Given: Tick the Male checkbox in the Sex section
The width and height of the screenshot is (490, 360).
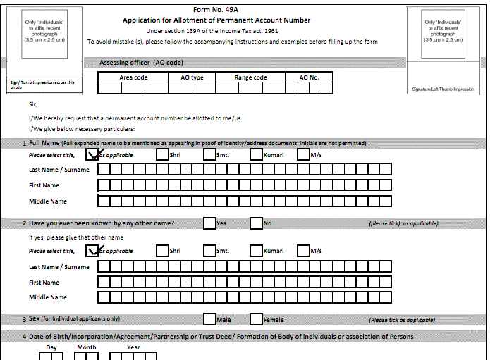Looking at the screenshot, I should point(209,320).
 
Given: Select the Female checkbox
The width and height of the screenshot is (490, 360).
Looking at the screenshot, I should point(256,320).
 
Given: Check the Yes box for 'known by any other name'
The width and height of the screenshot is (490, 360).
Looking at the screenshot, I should point(209,223).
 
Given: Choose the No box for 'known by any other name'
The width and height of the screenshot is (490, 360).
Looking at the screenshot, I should point(256,223).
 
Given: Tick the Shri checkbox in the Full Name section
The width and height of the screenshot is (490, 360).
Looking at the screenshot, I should point(163,155).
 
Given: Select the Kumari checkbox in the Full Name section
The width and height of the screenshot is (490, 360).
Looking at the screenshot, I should point(256,155).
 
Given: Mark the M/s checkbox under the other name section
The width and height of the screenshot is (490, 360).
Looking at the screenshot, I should point(304,251).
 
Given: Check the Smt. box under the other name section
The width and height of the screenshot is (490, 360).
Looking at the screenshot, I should point(209,251).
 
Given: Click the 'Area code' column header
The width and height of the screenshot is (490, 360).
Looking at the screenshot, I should point(133,77).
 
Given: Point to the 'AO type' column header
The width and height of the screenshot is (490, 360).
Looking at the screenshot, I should point(192,77).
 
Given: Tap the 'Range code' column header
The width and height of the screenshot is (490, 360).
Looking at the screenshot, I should point(250,77).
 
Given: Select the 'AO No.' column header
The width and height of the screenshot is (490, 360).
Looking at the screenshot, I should point(309,77).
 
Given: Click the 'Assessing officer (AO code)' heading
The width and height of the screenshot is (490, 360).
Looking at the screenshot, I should point(142,63).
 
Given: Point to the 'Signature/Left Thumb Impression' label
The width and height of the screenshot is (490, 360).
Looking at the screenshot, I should point(443,89).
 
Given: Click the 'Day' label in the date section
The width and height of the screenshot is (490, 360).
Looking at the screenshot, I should point(51,347).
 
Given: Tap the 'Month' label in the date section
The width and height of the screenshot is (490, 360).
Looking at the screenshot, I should point(87,347).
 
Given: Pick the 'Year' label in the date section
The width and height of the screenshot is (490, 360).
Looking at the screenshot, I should point(133,347).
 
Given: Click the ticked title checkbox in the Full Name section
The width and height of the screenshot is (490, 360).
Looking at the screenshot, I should point(92,154).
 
